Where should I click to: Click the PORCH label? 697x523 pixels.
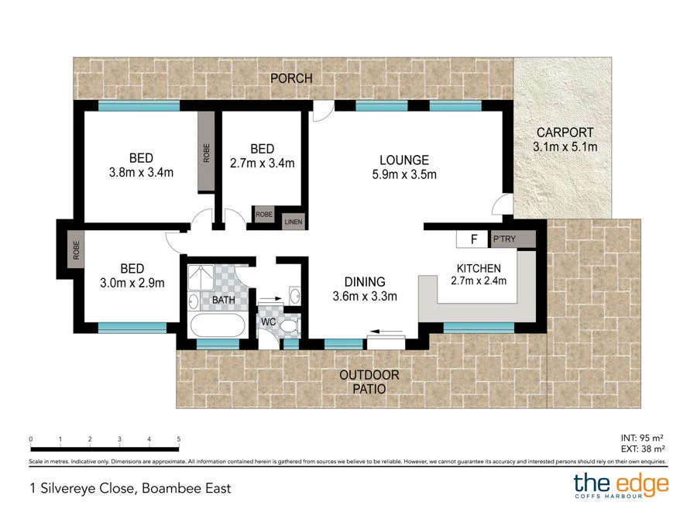click(291, 78)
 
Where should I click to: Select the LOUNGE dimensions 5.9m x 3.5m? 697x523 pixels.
click(404, 174)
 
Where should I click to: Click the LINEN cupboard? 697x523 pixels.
click(294, 222)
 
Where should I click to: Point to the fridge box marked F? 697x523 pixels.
click(472, 239)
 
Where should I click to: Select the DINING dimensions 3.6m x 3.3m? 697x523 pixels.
click(364, 296)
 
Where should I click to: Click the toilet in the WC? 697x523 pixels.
click(290, 327)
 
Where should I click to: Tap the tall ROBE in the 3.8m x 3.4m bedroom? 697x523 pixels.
click(206, 153)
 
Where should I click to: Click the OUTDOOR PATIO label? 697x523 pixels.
click(369, 382)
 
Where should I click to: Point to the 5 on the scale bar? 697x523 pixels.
click(178, 439)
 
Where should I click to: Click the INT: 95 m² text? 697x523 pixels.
click(643, 437)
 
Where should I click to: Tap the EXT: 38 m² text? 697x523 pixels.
click(643, 448)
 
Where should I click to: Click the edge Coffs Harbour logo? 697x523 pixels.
click(620, 487)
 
